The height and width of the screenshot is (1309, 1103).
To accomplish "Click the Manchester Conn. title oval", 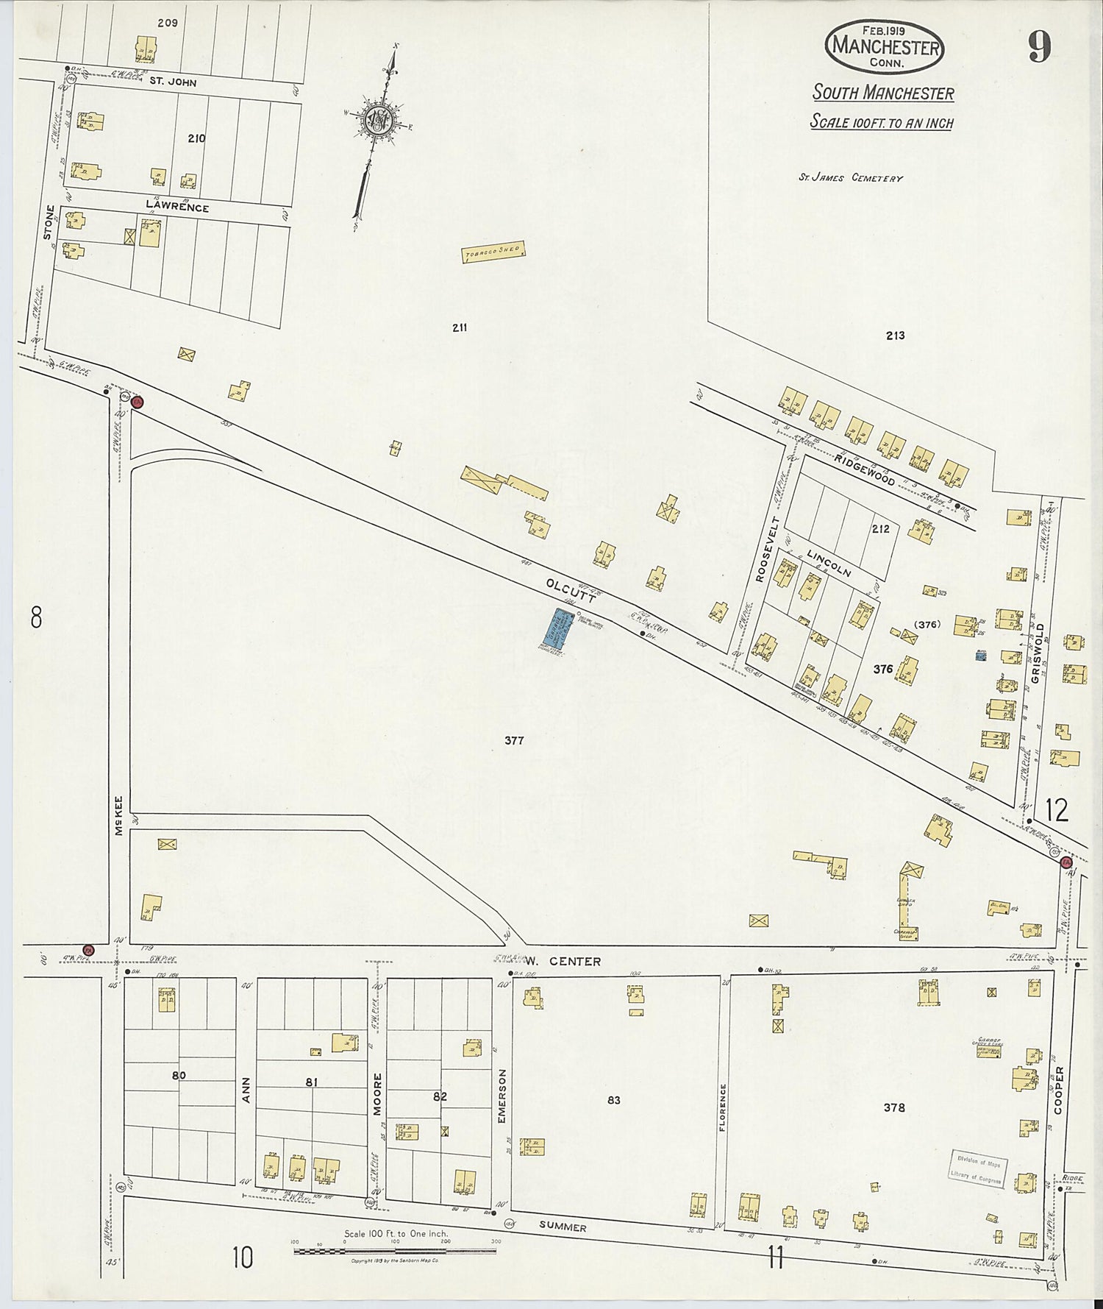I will pyautogui.click(x=885, y=46).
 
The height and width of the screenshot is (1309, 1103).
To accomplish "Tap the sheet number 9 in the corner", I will pyautogui.click(x=1040, y=48).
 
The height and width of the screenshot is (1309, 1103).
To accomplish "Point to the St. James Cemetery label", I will pyautogui.click(x=850, y=177).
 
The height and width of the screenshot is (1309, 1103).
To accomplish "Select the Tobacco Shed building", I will pyautogui.click(x=493, y=253).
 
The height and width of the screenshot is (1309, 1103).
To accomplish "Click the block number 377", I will pyautogui.click(x=513, y=740).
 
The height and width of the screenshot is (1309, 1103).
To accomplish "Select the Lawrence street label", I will pyautogui.click(x=176, y=207).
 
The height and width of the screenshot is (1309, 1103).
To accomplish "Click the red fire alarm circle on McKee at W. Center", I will pyautogui.click(x=89, y=950).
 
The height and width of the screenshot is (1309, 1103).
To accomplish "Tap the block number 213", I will pyautogui.click(x=895, y=336).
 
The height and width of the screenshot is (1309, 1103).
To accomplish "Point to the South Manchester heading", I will pyautogui.click(x=883, y=93).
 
